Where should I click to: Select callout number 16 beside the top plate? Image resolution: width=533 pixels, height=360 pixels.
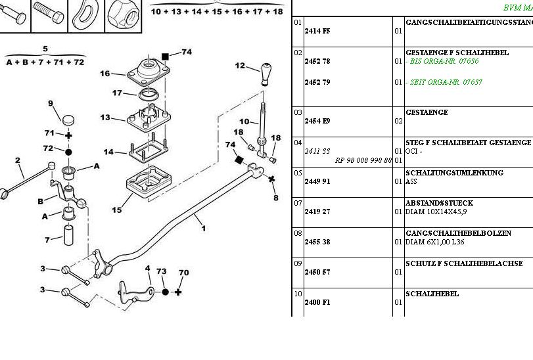click(x=105, y=74)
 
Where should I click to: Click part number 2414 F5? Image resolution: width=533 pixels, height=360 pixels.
click(x=317, y=31)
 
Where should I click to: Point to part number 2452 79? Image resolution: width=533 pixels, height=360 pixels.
click(x=317, y=82)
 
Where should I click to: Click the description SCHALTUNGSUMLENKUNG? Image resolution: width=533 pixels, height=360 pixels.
click(x=455, y=173)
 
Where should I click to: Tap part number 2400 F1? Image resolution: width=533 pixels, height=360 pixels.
click(x=317, y=302)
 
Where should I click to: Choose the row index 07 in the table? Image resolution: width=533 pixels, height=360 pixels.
click(x=298, y=203)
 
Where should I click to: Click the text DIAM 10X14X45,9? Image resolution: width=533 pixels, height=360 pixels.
click(x=436, y=212)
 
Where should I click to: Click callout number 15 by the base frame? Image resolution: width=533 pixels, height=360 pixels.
click(x=116, y=210)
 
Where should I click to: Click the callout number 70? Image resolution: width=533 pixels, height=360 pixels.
click(x=184, y=272)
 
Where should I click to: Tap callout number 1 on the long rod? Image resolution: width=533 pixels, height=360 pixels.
click(x=204, y=229)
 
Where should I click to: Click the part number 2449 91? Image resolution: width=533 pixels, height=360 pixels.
click(x=317, y=181)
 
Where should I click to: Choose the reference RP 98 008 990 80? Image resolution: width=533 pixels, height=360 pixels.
click(x=363, y=160)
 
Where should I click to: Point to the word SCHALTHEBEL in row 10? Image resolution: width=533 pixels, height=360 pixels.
click(x=432, y=294)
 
